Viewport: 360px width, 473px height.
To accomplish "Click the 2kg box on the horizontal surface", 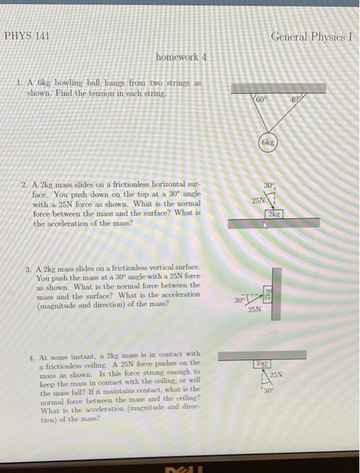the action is pos(274,214).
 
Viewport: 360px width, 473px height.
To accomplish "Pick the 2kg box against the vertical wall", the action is pos(266,296).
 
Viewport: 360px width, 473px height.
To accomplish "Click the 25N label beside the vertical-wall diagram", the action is pos(254,309).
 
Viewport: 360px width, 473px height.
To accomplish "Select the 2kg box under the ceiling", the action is pos(260,364).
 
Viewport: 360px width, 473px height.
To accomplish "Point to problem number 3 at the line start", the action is pos(28,268).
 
